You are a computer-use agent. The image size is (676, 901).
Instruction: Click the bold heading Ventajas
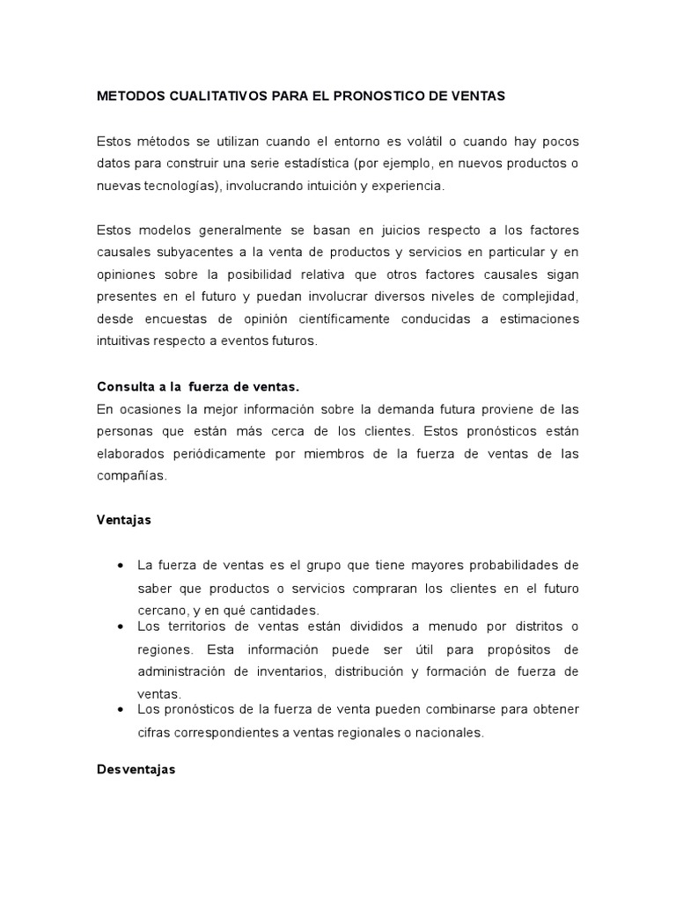[x=123, y=519]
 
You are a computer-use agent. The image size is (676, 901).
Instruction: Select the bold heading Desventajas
[x=136, y=768]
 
